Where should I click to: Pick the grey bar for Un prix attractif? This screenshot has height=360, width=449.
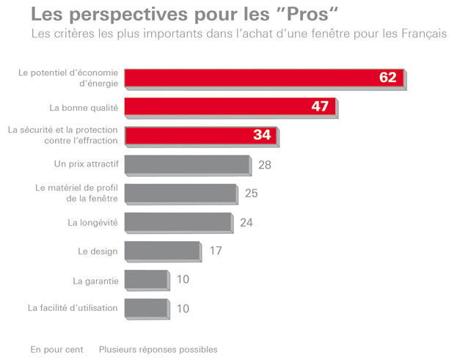click(x=187, y=164)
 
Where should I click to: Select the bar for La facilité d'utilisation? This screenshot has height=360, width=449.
click(x=146, y=308)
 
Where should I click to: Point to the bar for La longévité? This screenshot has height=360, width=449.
click(x=178, y=221)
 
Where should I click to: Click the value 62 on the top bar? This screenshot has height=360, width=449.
click(x=388, y=78)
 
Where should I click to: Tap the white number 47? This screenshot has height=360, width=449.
click(x=319, y=106)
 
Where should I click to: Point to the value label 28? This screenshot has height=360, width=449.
click(x=265, y=165)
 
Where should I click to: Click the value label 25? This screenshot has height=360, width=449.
click(x=252, y=194)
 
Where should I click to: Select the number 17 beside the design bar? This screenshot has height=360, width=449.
click(x=215, y=251)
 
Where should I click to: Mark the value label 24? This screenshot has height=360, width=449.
click(x=247, y=222)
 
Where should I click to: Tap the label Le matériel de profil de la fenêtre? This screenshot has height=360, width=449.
click(x=76, y=194)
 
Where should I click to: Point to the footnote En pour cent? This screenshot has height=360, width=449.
click(x=56, y=349)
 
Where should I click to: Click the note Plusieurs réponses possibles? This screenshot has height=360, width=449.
click(x=158, y=349)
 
